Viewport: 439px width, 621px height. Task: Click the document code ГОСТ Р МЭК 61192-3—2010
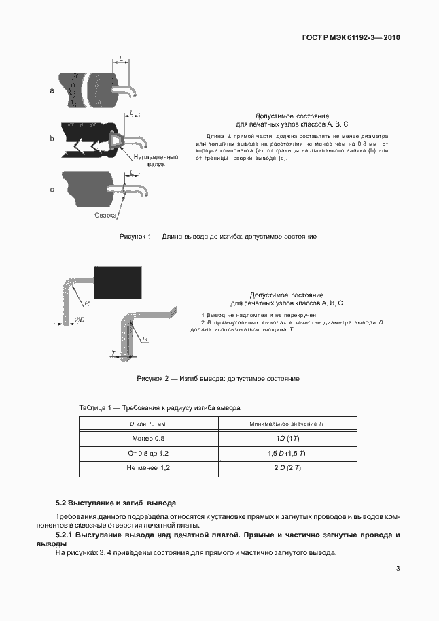point(351,37)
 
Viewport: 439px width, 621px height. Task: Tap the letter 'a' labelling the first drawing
point(52,90)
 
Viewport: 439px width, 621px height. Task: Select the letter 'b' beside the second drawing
point(52,139)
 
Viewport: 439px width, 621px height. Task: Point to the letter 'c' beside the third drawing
point(52,190)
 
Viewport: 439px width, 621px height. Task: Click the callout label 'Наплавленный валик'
point(156,161)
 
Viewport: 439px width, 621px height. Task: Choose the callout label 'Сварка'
point(105,216)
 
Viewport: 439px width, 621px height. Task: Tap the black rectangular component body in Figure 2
point(118,282)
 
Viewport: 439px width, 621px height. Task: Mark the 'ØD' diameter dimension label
point(80,320)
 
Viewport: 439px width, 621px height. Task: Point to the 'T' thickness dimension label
point(113,352)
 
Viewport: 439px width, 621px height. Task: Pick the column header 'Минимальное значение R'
point(287,424)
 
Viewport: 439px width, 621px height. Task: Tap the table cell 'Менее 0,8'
point(148,439)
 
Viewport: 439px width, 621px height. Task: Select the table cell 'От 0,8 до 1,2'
point(148,454)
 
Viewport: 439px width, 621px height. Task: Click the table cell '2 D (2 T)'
point(287,468)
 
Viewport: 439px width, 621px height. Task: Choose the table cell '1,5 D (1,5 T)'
point(287,454)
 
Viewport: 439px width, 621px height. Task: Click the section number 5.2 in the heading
point(61,503)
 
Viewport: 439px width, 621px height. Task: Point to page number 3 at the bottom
point(398,569)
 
